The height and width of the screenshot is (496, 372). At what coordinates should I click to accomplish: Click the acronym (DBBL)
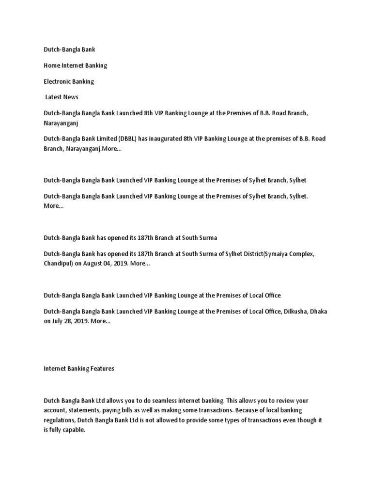(x=125, y=139)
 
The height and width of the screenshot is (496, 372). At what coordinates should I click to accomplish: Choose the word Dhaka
(x=319, y=311)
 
